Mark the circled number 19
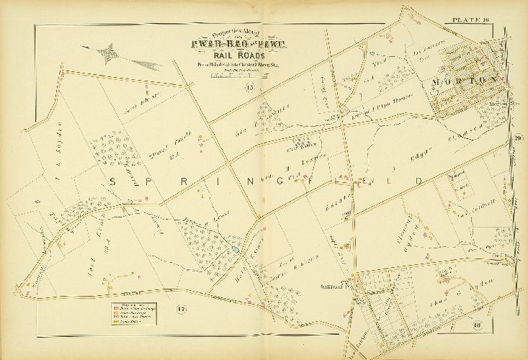(517, 139)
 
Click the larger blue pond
(236, 249)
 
